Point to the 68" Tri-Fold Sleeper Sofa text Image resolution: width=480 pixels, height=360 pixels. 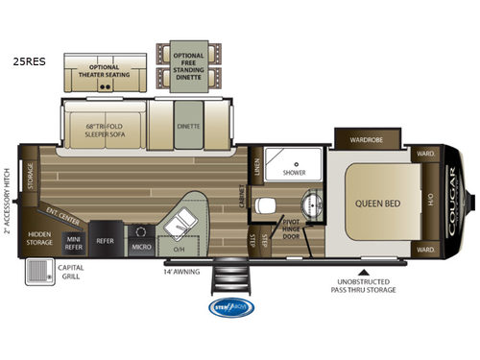tap(103, 134)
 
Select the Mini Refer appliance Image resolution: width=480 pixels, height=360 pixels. tap(73, 243)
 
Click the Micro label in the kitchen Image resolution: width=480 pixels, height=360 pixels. tap(141, 246)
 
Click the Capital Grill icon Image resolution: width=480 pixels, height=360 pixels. tap(39, 276)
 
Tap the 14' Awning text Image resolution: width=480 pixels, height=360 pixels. tap(180, 272)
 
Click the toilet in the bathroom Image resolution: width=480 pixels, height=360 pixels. tap(271, 204)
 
